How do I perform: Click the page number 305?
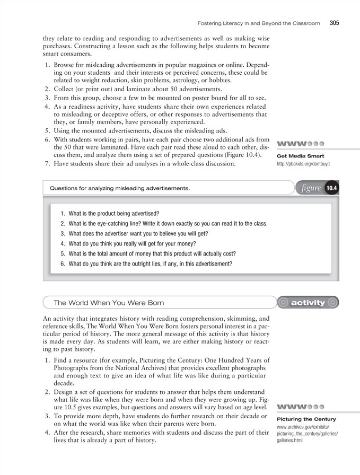pos(334,23)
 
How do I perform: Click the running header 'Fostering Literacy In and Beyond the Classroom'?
pos(259,24)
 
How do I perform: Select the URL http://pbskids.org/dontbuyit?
pos(303,164)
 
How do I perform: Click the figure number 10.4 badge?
pos(331,188)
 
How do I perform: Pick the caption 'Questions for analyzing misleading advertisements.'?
pos(119,188)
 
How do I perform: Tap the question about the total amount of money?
pos(148,253)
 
